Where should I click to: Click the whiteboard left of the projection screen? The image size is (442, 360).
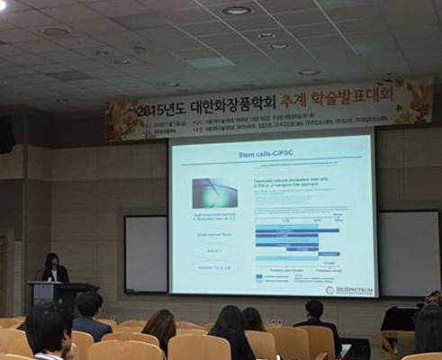point(146,254)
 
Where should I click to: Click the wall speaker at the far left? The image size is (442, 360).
point(5,134)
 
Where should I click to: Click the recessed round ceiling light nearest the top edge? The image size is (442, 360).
point(237,11)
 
